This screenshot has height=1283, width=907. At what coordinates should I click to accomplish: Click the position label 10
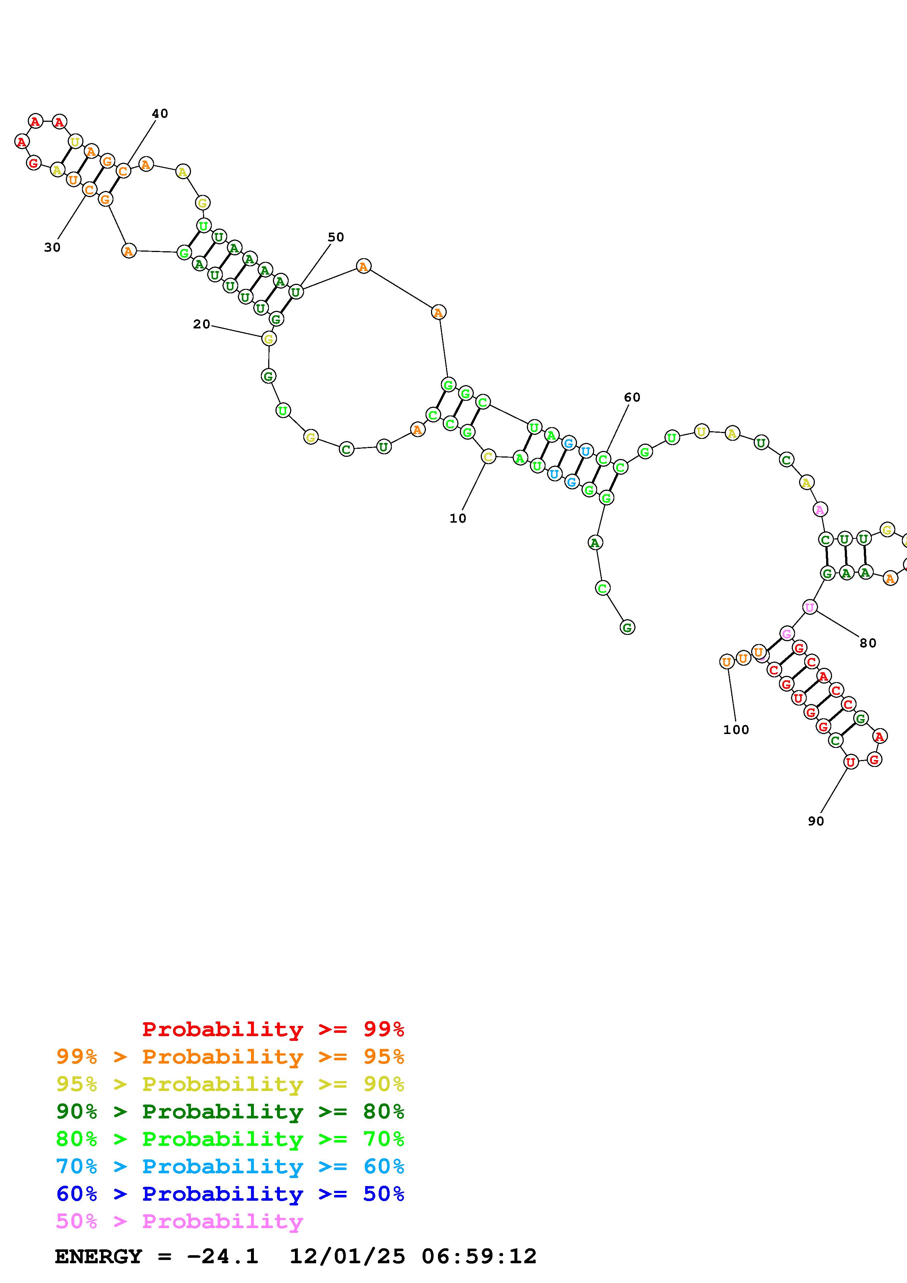click(458, 519)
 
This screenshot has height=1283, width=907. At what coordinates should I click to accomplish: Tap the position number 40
click(160, 113)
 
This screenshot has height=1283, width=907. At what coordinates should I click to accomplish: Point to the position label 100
click(736, 730)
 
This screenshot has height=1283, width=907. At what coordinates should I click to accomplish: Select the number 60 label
click(632, 397)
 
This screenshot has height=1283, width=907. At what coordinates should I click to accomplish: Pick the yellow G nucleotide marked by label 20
click(269, 339)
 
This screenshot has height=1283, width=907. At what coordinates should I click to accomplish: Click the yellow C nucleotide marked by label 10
click(488, 456)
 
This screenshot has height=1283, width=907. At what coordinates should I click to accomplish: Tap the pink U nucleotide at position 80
click(809, 607)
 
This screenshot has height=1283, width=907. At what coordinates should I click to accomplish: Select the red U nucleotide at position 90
click(850, 761)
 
